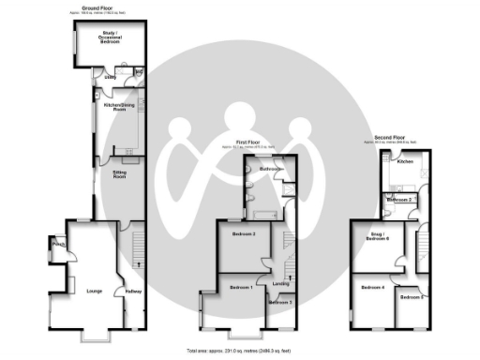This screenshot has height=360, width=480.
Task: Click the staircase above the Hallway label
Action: [135, 248]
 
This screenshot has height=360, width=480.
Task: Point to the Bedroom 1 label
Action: [243, 287]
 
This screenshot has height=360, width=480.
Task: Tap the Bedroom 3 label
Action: [279, 303]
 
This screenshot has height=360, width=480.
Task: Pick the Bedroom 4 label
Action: [373, 287]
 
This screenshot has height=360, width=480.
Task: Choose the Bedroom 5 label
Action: [411, 297]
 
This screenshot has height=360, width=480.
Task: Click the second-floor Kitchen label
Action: [405, 162]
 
